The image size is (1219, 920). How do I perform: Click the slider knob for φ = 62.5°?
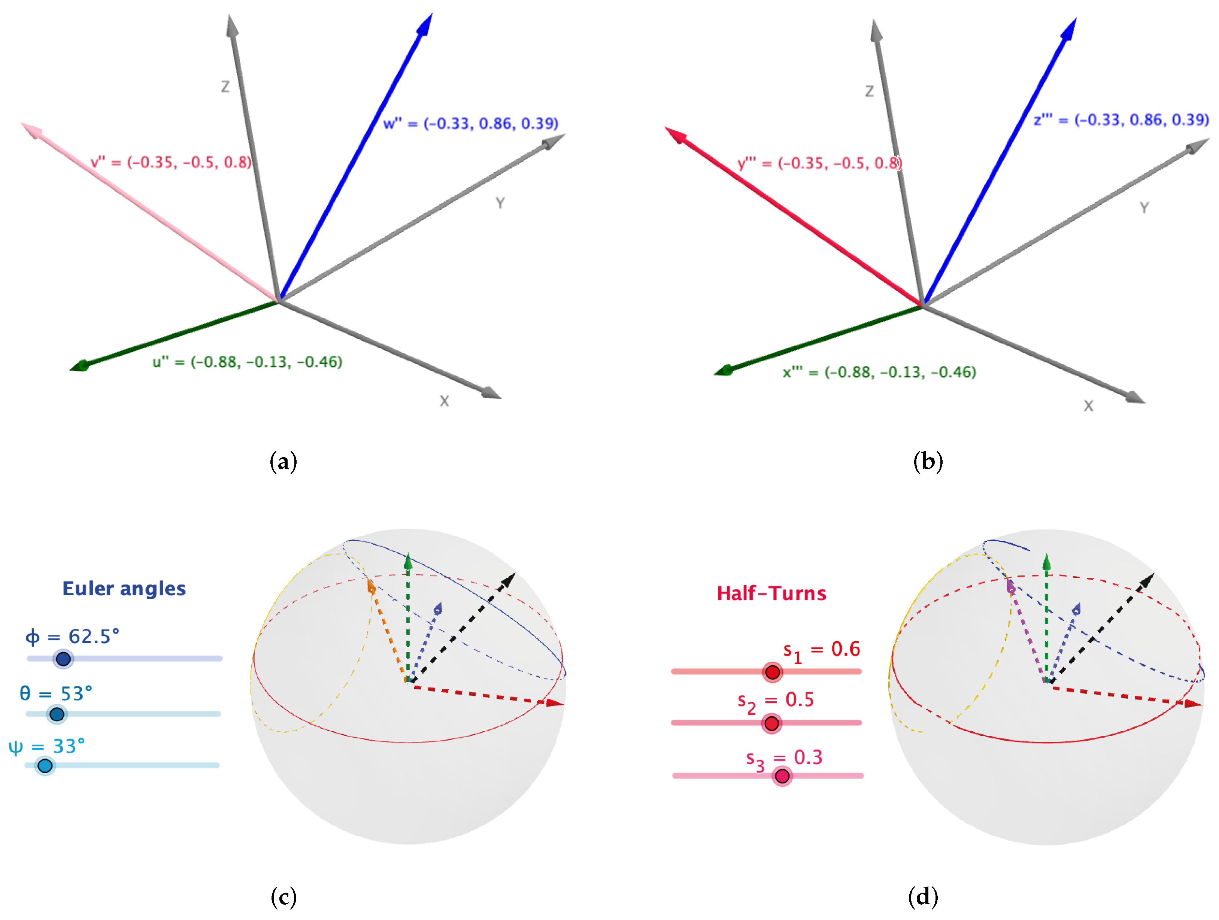click(63, 659)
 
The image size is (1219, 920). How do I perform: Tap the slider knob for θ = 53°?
click(57, 714)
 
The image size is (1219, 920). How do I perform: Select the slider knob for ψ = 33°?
click(45, 766)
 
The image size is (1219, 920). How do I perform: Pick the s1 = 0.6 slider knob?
click(773, 672)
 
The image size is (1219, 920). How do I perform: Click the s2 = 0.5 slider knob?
click(771, 723)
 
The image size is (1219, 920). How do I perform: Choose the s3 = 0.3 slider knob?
click(782, 776)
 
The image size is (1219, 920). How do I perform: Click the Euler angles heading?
click(124, 588)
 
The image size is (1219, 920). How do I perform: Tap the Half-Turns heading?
click(771, 593)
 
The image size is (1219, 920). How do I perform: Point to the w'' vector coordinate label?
click(471, 124)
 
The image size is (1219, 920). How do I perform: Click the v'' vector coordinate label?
click(171, 163)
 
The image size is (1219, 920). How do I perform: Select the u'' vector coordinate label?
click(248, 362)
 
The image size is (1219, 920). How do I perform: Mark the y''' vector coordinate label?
click(819, 163)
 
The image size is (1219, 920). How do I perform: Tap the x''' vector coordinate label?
click(880, 373)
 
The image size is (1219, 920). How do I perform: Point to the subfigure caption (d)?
click(923, 896)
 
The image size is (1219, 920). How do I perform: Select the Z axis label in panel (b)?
click(869, 91)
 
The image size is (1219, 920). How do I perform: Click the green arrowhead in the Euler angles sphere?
click(408, 561)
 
